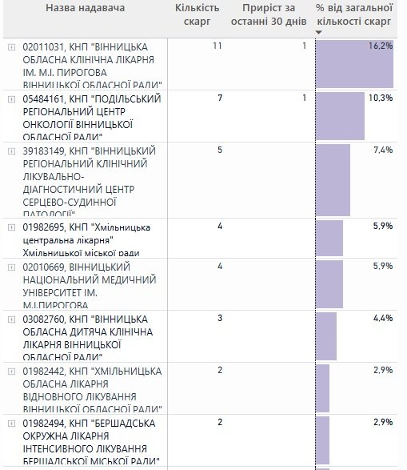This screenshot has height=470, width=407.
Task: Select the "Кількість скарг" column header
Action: coord(198,14)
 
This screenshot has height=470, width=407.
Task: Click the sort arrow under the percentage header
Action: coord(319,32)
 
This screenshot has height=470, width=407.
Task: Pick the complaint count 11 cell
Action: coord(217,46)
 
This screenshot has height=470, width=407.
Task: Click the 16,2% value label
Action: coord(381,46)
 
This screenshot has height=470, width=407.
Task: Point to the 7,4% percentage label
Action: coord(383,150)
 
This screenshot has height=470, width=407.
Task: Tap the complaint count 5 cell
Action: coord(219,150)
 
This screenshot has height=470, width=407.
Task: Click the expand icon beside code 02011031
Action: coord(11,47)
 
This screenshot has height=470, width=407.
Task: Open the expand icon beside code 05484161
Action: coord(11,98)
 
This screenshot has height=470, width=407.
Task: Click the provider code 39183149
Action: coord(43,150)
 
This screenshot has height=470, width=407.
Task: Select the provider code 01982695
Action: coord(43,227)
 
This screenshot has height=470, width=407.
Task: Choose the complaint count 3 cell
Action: coord(219,318)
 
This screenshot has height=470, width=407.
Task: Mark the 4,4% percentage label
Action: coord(383,318)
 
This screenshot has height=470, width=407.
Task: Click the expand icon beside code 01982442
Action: coord(11,371)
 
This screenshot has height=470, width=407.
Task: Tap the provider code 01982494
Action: coord(43,422)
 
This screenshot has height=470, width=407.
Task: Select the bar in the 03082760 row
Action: coord(326,336)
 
